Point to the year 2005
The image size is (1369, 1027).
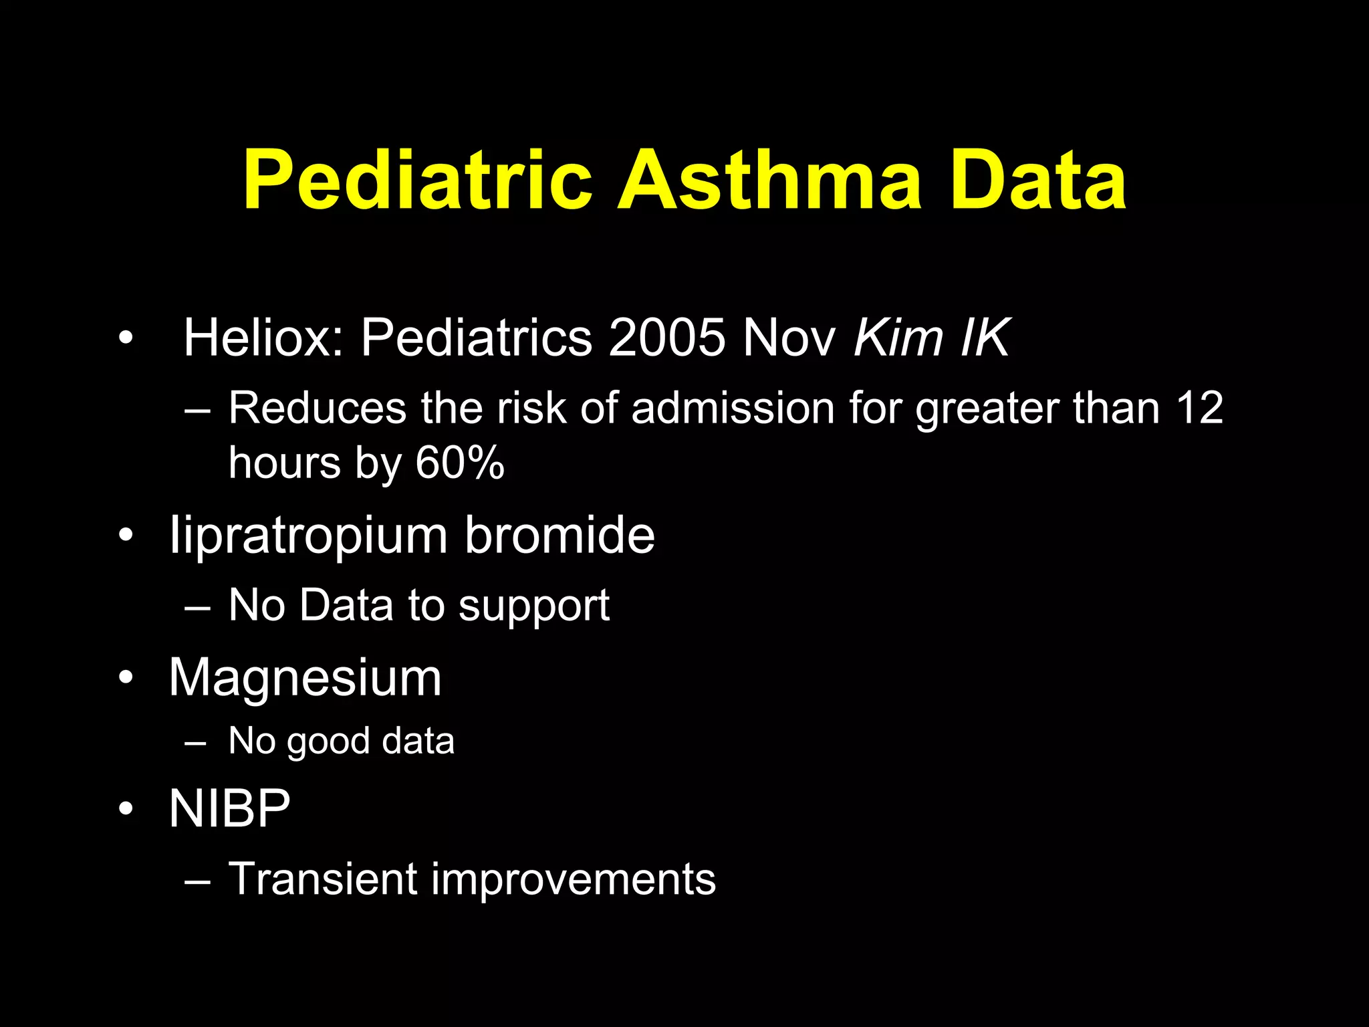(x=667, y=338)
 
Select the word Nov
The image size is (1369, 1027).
(x=789, y=338)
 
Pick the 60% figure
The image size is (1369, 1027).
(x=460, y=463)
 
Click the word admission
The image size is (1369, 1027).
(x=733, y=407)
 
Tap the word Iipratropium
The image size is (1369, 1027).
(x=308, y=536)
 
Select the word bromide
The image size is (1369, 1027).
(x=559, y=536)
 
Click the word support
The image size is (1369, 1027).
(x=534, y=606)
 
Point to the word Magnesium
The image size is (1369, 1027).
(x=305, y=677)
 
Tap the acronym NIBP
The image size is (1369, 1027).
(x=229, y=808)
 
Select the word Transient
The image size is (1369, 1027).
(x=323, y=879)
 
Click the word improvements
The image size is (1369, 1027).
(x=574, y=879)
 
